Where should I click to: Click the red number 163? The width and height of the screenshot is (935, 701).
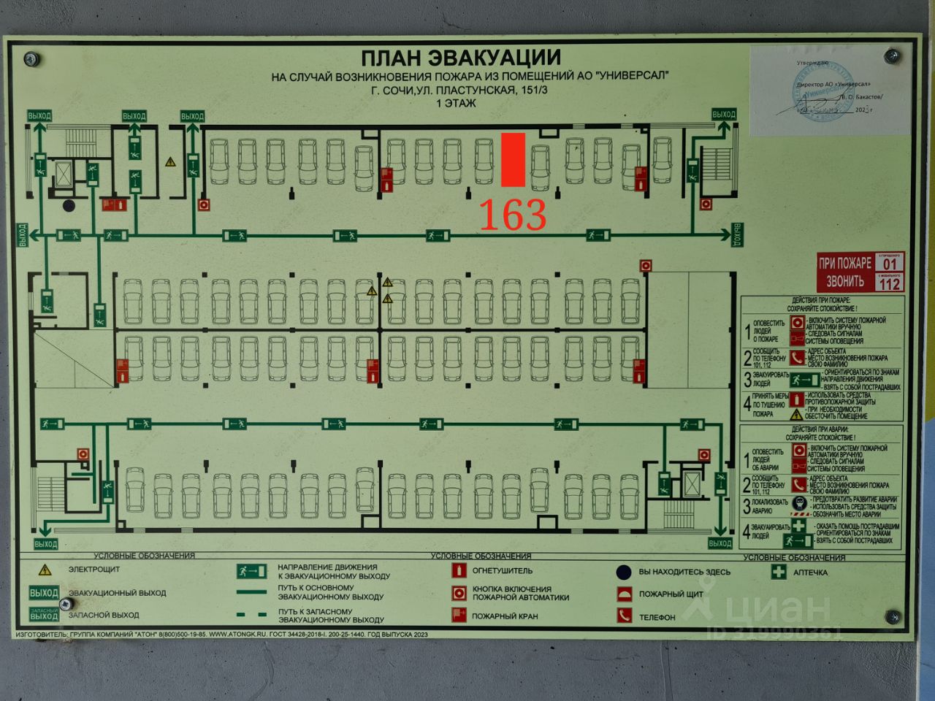pos(512,214)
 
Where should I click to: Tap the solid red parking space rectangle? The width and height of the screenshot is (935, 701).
pos(514,159)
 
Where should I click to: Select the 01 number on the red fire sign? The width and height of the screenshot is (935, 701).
pos(890,263)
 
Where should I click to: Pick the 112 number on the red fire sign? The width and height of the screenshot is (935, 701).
pos(890,283)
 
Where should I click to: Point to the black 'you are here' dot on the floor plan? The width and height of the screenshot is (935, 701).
pos(69,206)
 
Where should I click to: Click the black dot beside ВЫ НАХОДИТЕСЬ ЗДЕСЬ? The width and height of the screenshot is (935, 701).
pos(623,571)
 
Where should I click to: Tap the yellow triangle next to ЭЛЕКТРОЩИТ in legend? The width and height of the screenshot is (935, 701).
pos(45,570)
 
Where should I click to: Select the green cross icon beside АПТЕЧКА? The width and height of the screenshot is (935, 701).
pos(779,572)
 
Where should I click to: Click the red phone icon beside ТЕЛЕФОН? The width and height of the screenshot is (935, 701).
pos(624,616)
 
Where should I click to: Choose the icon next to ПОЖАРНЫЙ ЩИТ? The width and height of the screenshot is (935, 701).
pos(624,594)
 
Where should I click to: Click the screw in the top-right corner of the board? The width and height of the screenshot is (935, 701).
pos(891,56)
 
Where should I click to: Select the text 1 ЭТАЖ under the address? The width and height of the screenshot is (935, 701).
pos(456,103)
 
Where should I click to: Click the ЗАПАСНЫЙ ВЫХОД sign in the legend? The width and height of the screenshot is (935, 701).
pos(44,615)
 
